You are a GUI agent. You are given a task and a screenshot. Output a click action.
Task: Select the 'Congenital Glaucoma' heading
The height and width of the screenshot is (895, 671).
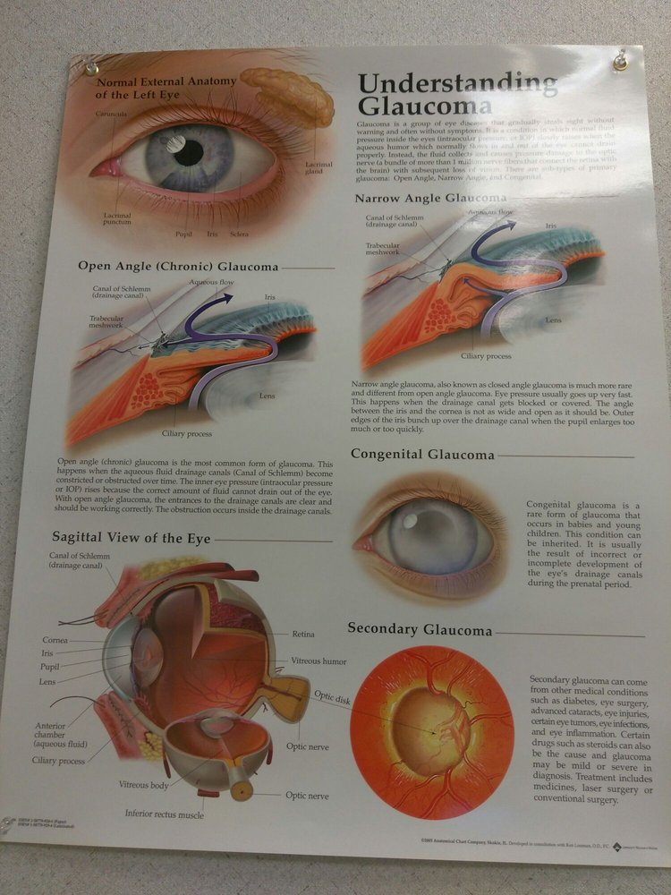click(x=422, y=455)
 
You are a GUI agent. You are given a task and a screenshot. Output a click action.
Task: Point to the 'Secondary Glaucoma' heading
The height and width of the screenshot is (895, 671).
click(x=420, y=630)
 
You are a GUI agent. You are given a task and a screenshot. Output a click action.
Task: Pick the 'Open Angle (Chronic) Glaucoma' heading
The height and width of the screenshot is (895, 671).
click(x=178, y=266)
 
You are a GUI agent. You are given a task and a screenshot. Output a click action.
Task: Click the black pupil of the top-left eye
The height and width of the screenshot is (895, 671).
click(x=189, y=152)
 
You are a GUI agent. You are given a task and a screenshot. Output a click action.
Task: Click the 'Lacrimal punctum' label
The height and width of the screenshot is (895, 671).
click(x=117, y=218)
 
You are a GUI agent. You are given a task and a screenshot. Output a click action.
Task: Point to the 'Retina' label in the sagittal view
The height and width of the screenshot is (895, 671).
click(x=302, y=635)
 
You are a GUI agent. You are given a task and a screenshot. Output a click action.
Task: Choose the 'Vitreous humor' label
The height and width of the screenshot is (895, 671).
click(x=319, y=661)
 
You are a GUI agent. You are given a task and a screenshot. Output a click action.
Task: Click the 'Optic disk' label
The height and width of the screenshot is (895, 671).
click(x=331, y=697)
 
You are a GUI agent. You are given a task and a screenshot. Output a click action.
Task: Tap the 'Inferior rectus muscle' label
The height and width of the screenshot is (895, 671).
click(x=165, y=814)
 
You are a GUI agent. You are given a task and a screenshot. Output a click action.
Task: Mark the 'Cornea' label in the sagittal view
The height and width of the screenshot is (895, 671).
click(x=55, y=640)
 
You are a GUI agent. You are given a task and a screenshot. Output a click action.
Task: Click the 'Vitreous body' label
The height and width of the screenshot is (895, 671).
click(x=143, y=785)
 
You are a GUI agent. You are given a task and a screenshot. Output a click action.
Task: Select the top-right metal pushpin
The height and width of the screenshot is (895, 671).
click(x=619, y=63)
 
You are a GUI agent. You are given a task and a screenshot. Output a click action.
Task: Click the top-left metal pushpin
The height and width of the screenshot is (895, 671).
click(x=91, y=69)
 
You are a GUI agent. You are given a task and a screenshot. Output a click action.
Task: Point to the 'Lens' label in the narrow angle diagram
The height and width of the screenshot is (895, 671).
click(x=554, y=320)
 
